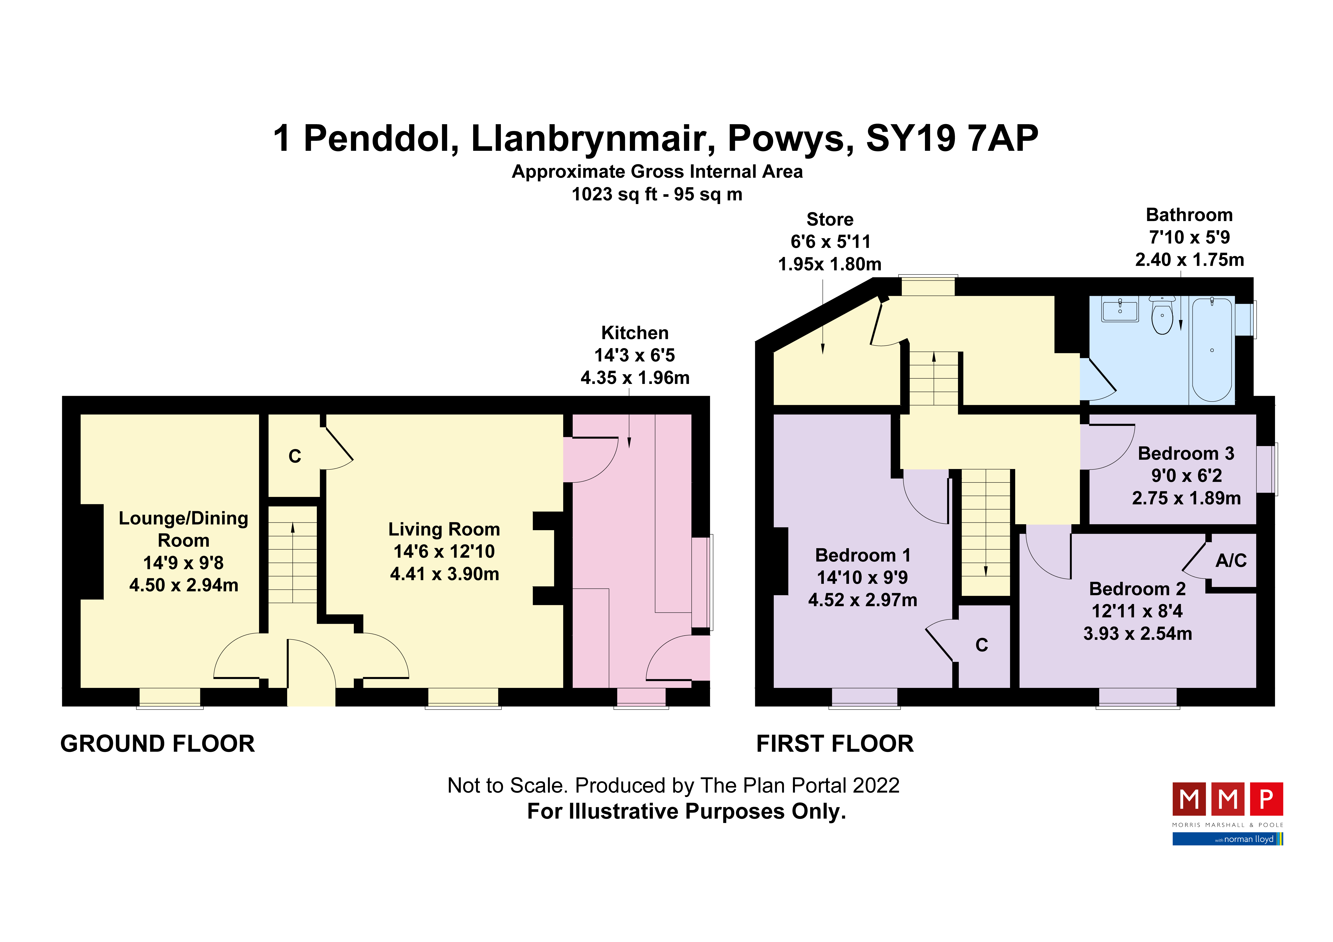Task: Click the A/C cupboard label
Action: tap(1231, 560)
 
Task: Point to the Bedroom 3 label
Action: tap(1186, 453)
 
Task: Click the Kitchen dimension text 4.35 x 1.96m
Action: tap(635, 378)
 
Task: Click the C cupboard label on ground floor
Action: tap(295, 457)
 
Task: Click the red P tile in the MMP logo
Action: tap(1266, 800)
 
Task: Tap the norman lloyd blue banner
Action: tap(1227, 839)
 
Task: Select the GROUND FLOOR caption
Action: tap(157, 744)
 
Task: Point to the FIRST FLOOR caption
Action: tap(835, 744)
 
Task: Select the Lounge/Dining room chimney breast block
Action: tap(91, 551)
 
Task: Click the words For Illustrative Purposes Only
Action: tap(686, 811)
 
